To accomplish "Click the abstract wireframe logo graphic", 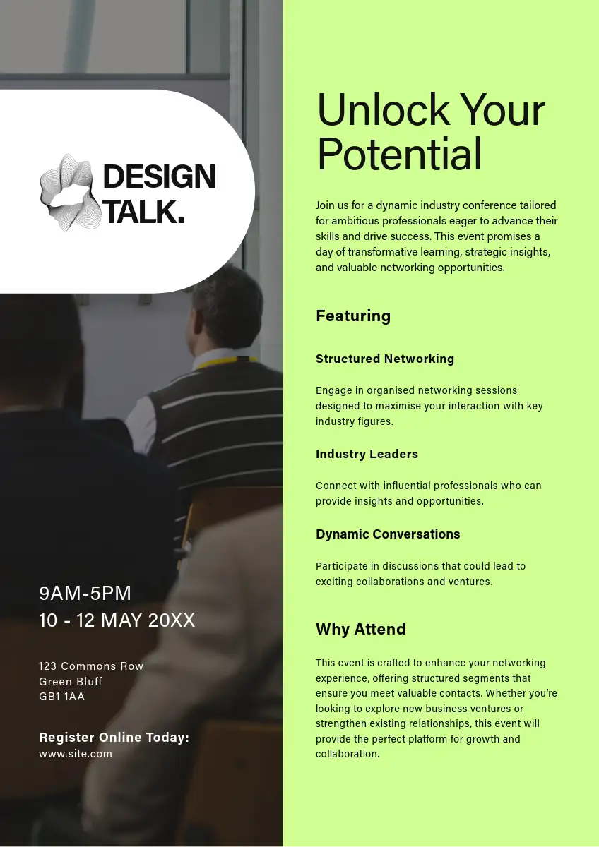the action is click(71, 193).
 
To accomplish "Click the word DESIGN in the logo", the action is click(160, 176).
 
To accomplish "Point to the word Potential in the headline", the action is click(400, 154).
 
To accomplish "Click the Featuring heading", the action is click(353, 316).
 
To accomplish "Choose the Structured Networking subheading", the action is click(385, 359).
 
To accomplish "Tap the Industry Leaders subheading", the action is click(367, 454).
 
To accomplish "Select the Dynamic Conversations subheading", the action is click(388, 534).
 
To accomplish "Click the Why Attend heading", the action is click(361, 629).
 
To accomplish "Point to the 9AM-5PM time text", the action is click(85, 593).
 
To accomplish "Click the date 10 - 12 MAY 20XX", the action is click(117, 620).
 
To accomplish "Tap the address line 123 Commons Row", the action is click(91, 666).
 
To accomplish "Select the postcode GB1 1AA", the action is click(61, 697).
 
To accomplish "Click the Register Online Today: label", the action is click(114, 738).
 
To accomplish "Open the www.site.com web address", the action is click(76, 754).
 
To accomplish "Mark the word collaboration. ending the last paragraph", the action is click(348, 754).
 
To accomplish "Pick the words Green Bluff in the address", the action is click(71, 681).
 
